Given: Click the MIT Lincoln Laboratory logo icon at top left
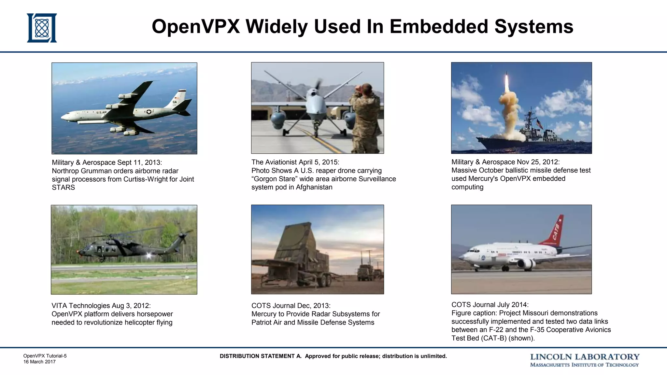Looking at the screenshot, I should [x=42, y=28].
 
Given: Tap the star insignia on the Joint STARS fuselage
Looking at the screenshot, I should [x=149, y=112].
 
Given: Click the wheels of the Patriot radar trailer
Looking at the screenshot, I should [x=324, y=281].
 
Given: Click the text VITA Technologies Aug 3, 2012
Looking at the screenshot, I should [x=101, y=306].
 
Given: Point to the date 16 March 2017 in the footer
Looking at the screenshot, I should [x=39, y=362].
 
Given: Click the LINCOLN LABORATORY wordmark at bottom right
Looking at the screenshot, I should [x=585, y=357].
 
